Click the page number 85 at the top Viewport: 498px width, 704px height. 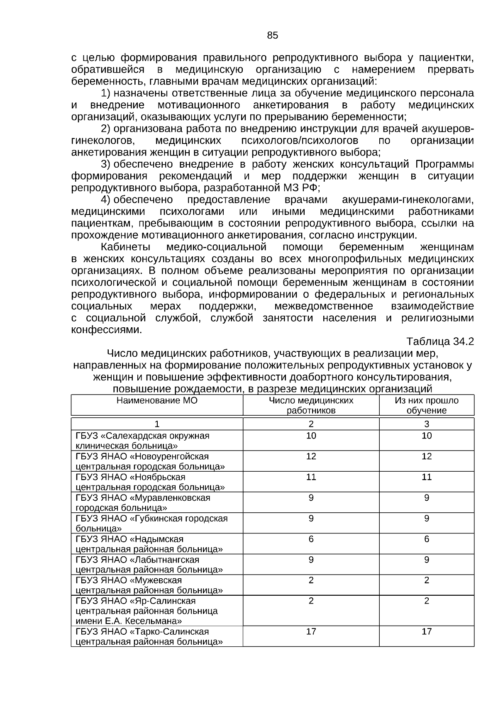coord(272,36)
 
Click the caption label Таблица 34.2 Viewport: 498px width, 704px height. coord(440,341)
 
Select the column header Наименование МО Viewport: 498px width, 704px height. coord(157,401)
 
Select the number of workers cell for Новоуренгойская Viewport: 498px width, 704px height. coord(311,456)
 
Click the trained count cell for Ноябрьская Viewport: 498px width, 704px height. coord(426,477)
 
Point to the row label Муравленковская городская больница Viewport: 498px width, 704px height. coord(142,502)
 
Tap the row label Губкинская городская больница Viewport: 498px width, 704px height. coord(151,523)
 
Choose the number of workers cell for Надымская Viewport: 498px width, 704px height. coord(311,539)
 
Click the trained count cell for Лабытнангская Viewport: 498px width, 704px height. coord(426,560)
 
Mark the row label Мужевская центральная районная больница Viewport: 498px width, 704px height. coord(149,585)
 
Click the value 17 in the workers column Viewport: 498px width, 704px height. coord(311,631)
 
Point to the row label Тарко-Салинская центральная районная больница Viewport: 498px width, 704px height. coord(149,636)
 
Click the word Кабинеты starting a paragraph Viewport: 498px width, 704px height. coord(125,247)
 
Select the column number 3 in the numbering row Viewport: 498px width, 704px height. coord(426,424)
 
